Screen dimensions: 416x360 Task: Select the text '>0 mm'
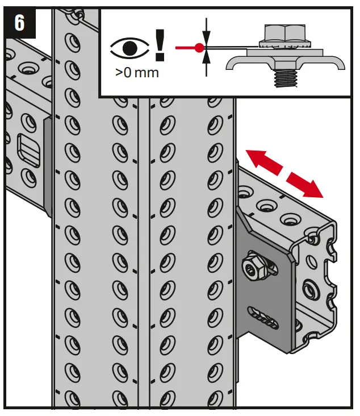[x=136, y=73]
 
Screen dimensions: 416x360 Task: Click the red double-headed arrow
[x=284, y=172]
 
